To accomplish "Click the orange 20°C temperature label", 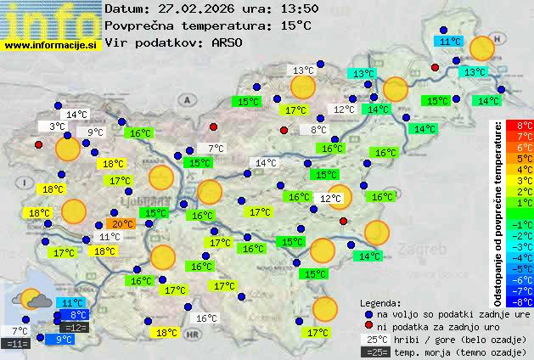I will point(122,224).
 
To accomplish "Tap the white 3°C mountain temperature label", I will point(56,127).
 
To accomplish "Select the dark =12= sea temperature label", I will point(75,328).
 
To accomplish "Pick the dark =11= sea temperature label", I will point(17,344).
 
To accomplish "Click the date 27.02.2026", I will point(195,8).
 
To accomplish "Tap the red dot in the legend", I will point(368,326).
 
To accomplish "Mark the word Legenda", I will point(380,302).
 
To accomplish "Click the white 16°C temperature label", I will point(207,318).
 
